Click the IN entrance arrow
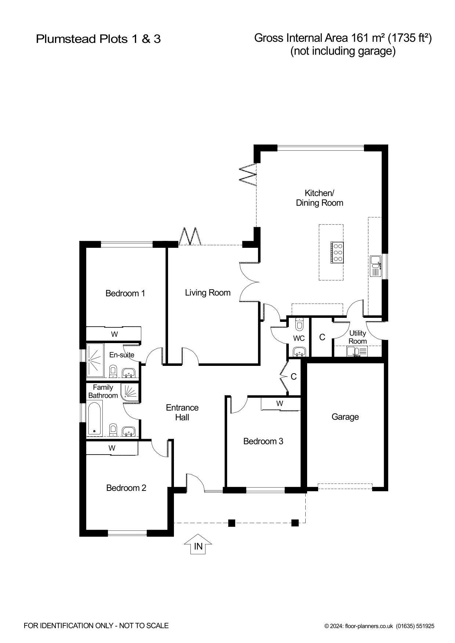point(198,545)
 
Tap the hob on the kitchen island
point(337,252)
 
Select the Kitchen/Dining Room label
point(320,198)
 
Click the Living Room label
point(208,293)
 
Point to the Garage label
point(345,417)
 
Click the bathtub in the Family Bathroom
point(95,419)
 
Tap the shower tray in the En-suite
point(95,360)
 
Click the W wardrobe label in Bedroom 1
point(114,334)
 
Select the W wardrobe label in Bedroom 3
point(280,403)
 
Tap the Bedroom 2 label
point(126,488)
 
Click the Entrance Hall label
point(182,412)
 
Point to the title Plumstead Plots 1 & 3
point(98,39)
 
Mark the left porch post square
point(232,523)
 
